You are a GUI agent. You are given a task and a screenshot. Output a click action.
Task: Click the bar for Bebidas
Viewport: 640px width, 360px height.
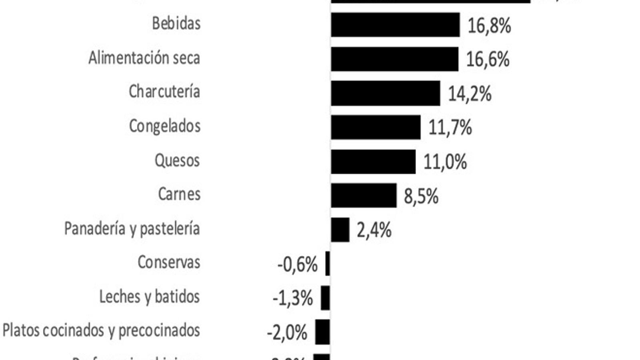(395, 25)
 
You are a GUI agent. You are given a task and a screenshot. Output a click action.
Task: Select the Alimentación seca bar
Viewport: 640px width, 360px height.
(394, 59)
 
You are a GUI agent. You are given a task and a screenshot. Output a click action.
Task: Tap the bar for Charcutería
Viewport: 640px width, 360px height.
(386, 93)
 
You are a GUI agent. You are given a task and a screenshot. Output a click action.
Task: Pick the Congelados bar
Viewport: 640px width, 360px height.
(376, 127)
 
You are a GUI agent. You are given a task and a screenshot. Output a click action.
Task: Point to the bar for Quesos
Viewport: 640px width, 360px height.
(373, 162)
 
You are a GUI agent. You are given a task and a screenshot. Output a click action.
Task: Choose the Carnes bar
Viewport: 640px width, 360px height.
(364, 196)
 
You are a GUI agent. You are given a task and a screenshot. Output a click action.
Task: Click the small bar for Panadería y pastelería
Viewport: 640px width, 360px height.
(340, 230)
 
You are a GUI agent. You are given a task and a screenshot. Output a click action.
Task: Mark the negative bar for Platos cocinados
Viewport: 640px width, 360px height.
(322, 332)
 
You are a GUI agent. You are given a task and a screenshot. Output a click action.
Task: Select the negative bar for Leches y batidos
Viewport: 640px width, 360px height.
(325, 298)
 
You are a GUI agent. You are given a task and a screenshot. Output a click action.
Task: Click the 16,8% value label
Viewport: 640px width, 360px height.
(489, 26)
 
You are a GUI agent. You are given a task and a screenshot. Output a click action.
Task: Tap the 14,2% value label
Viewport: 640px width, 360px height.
(470, 94)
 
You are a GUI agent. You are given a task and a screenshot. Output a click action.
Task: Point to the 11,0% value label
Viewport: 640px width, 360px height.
(445, 162)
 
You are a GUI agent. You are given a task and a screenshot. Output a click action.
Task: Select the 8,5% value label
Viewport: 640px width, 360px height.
(421, 196)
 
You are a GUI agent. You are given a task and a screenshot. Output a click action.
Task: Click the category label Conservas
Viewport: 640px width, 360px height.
(169, 262)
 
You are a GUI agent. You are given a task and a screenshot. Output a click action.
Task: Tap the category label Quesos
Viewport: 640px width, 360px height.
(177, 160)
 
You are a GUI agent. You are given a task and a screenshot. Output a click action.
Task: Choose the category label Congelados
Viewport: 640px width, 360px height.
(165, 126)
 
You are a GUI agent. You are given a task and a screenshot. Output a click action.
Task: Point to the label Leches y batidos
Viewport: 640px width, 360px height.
(150, 297)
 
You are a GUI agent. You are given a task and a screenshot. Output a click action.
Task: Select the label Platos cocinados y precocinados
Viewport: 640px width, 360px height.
(101, 331)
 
